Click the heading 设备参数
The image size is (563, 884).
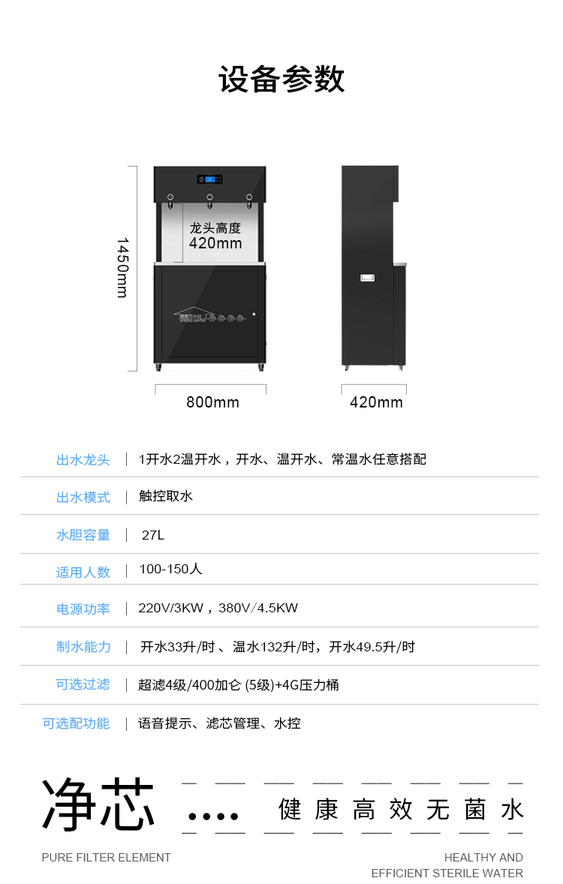(281, 80)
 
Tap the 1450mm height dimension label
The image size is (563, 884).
(122, 268)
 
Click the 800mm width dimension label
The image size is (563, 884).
(212, 402)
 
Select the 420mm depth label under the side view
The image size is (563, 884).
(376, 402)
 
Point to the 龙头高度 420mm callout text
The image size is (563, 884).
(215, 236)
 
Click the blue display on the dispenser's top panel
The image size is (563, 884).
(210, 179)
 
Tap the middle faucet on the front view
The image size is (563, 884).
(209, 200)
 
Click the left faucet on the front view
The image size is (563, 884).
(170, 200)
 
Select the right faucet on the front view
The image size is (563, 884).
(248, 200)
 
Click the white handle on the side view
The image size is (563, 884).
(367, 278)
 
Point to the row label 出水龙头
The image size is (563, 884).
(83, 459)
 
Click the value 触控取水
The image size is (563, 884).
(166, 496)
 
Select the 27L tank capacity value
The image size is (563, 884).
(153, 534)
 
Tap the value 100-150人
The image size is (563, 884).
(170, 570)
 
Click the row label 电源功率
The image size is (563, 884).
(83, 609)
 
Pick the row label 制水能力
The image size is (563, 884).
(83, 646)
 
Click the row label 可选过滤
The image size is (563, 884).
(83, 684)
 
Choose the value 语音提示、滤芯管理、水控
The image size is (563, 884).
(219, 723)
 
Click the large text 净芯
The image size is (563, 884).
(98, 804)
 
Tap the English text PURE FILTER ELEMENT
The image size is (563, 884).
(106, 857)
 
